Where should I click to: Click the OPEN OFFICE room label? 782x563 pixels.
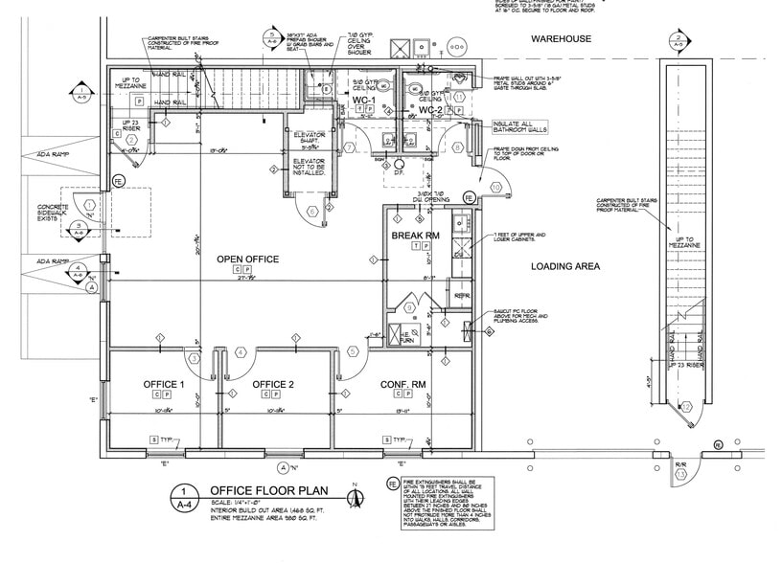tap(247, 259)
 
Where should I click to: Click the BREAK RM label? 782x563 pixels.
tap(415, 235)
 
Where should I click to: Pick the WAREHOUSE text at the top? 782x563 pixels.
tap(562, 39)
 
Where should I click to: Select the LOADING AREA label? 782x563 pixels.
tap(565, 267)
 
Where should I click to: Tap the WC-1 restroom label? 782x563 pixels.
tap(363, 100)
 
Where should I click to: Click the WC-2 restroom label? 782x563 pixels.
tap(430, 110)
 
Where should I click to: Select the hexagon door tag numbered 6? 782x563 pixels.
tap(312, 211)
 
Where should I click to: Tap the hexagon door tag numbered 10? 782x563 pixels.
tap(495, 186)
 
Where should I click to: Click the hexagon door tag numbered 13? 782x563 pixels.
tap(681, 473)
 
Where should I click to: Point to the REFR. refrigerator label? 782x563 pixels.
tap(461, 296)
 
